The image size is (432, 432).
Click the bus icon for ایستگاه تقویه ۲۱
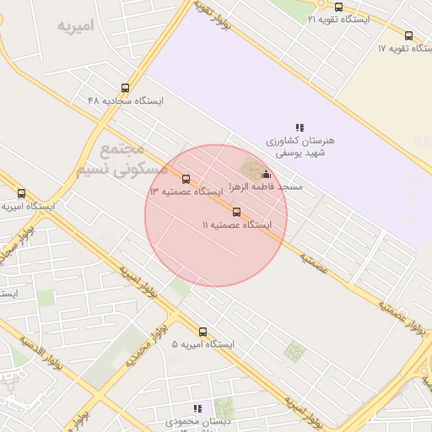[338, 7]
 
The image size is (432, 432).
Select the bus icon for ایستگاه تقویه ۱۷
[409, 35]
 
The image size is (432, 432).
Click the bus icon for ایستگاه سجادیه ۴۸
[126, 88]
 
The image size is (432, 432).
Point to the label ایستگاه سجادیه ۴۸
[126, 100]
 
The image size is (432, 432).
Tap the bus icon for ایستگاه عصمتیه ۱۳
[186, 179]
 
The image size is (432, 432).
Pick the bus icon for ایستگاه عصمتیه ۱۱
[236, 212]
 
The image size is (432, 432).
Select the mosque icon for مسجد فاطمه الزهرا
[267, 175]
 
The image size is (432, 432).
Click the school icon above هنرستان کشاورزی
[300, 127]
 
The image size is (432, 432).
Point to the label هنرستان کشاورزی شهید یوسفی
[300, 147]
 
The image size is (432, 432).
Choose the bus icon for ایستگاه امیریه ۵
[202, 332]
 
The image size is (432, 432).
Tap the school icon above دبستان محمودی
[198, 408]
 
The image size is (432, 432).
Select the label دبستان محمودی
[198, 421]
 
